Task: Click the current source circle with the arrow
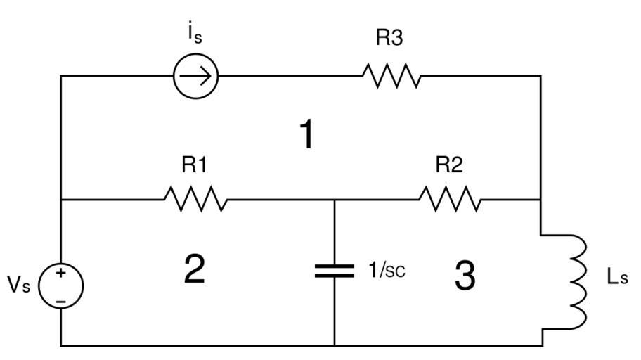click(x=196, y=76)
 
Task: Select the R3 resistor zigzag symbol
click(x=391, y=76)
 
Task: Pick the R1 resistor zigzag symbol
click(x=195, y=200)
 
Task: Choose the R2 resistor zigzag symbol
click(x=451, y=200)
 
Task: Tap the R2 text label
click(x=449, y=165)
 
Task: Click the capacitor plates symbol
click(x=335, y=271)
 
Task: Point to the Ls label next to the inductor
click(x=617, y=276)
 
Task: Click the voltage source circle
click(x=61, y=285)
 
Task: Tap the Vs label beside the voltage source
click(x=19, y=285)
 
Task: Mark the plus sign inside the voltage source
click(x=61, y=274)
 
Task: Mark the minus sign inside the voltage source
click(x=61, y=300)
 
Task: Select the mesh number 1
click(x=306, y=134)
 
